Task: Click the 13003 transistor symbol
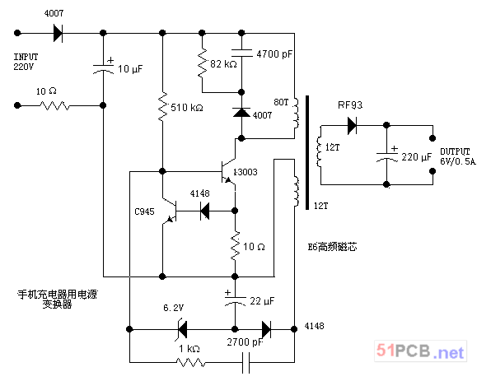pos(228,171)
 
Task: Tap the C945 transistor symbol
pos(170,211)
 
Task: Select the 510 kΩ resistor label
pos(187,108)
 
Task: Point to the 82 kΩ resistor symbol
pos(203,63)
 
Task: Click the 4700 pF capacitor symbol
pos(241,53)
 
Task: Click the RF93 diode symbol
pos(353,125)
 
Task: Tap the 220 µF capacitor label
pos(417,156)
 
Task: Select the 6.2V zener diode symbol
pos(182,329)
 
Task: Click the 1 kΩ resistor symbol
pos(190,363)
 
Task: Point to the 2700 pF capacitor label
pos(245,342)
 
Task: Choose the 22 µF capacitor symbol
pos(235,300)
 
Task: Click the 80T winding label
pos(281,102)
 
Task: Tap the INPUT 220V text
pos(26,62)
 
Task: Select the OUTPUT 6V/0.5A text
pos(458,156)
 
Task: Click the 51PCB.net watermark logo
pos(420,351)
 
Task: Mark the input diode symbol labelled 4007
pos(58,33)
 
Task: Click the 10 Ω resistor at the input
pos(54,105)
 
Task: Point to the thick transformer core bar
pos(307,152)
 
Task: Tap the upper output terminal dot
pos(433,138)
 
